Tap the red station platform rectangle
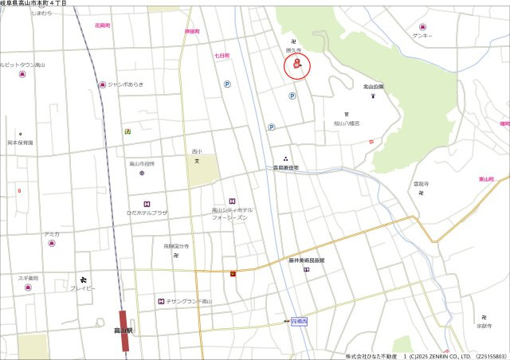coord(124,331)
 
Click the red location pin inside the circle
coord(297,67)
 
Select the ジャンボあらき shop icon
coord(102,84)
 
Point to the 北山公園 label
coord(373,86)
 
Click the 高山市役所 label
coord(142,163)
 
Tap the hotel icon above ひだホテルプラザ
coord(147,204)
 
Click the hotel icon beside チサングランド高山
coord(161,301)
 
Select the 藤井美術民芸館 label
coord(307,260)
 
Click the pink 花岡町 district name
coord(102,26)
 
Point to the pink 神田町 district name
coord(191,31)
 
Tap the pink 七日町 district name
coord(222,56)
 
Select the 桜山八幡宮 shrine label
coord(347,123)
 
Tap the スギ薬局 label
coord(28,278)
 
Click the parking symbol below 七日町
coord(227,84)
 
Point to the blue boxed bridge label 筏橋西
coord(299,320)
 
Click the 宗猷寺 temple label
coord(484,326)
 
